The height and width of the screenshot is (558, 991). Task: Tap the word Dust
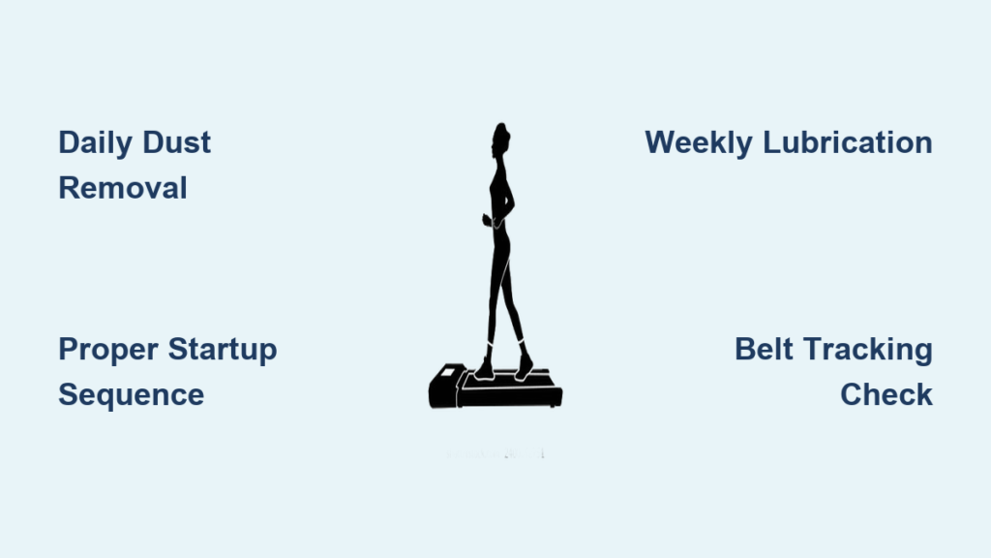click(176, 142)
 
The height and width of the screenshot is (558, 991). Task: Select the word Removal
click(123, 188)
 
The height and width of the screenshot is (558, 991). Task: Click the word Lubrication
click(848, 142)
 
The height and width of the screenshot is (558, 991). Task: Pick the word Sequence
click(132, 396)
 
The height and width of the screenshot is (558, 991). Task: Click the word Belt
click(764, 349)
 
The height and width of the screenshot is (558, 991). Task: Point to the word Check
click(886, 394)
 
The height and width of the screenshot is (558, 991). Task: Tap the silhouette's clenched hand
click(488, 220)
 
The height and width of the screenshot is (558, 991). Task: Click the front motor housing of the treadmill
click(444, 387)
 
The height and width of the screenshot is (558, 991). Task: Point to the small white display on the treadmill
click(447, 372)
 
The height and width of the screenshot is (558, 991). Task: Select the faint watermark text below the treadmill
click(495, 453)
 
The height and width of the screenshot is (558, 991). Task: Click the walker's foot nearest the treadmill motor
click(485, 371)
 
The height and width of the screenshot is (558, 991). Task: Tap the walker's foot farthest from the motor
click(524, 367)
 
